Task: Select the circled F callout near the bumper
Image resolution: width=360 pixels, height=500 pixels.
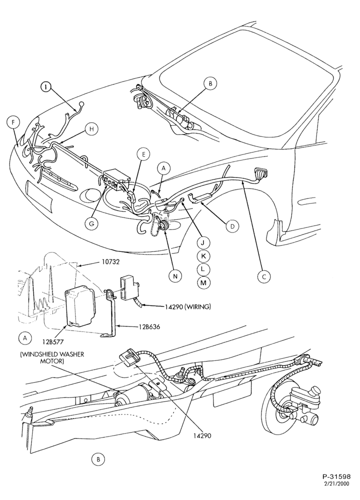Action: click(x=12, y=122)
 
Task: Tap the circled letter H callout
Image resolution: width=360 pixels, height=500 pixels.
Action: click(x=91, y=129)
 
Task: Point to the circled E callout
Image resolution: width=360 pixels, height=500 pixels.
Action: click(x=143, y=154)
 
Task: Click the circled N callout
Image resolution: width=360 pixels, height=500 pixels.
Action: click(x=175, y=276)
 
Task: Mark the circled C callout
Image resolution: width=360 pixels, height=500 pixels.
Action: click(x=264, y=276)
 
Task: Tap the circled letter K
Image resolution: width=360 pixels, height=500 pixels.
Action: click(x=203, y=256)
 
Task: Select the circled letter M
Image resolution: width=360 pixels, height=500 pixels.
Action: click(x=203, y=282)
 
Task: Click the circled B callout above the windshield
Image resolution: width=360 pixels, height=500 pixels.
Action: click(x=210, y=84)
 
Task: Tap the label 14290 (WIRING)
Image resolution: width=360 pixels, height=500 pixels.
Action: click(x=188, y=307)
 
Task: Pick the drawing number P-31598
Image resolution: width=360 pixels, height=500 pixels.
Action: click(x=336, y=485)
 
